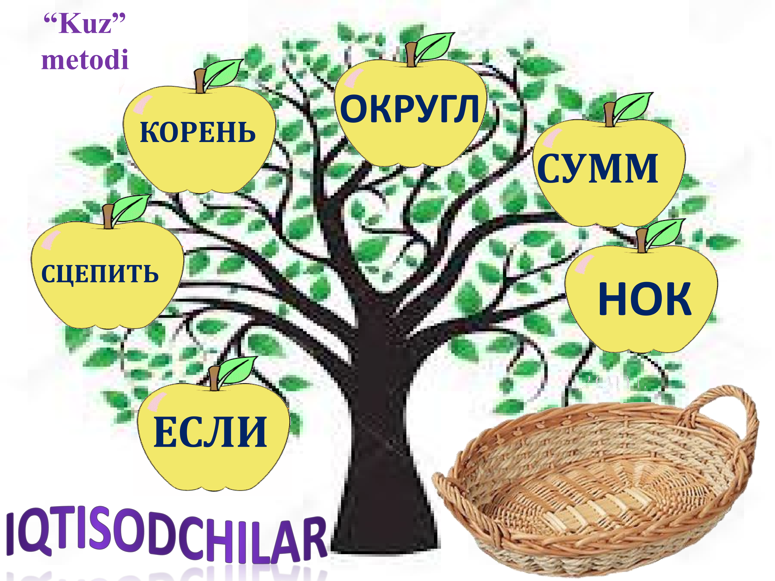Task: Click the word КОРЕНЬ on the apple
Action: point(198,133)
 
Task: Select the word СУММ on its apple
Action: point(598,168)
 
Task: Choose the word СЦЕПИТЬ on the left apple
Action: point(100,274)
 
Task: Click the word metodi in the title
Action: point(85,60)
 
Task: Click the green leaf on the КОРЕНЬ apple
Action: point(223,73)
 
